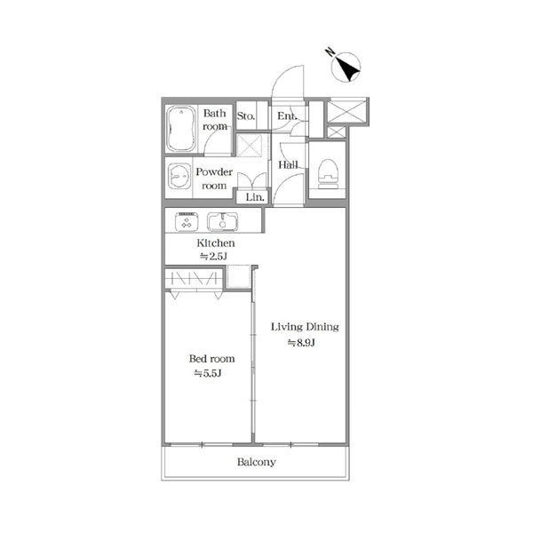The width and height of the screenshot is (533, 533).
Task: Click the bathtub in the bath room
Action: tap(181, 129)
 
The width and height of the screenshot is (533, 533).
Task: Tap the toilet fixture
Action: tap(328, 173)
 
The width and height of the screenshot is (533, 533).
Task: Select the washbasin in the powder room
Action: tap(179, 176)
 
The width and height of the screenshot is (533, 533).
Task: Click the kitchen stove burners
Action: tap(187, 222)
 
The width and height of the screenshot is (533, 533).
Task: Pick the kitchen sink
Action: tap(223, 221)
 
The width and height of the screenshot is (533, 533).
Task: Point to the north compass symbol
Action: tap(346, 67)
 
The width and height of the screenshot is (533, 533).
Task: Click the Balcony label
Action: tap(257, 462)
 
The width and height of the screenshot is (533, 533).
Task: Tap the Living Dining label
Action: tap(305, 327)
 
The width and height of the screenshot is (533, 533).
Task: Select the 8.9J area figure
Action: tap(301, 343)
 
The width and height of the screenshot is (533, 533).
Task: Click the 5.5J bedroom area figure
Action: tap(208, 374)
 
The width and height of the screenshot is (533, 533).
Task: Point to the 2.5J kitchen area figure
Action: tap(213, 257)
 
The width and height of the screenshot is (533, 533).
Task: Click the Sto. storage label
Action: tap(246, 116)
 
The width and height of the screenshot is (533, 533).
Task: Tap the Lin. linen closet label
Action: tap(255, 197)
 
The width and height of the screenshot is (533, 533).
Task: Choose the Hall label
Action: tap(288, 165)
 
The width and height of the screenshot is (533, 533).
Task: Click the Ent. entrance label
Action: tap(287, 115)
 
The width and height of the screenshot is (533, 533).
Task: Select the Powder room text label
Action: tap(214, 179)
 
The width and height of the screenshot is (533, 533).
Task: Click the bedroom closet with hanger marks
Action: tap(194, 278)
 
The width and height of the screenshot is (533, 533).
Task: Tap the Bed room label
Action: tap(211, 359)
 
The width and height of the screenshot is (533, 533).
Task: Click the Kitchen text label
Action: tap(216, 243)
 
